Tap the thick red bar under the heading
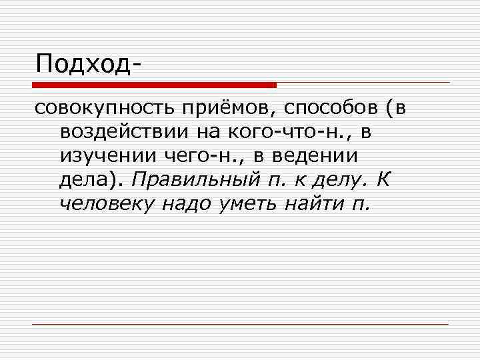tap(155, 85)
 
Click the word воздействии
tap(123, 132)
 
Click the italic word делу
tap(330, 179)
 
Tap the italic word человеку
tap(106, 202)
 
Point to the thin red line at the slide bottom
tap(240, 324)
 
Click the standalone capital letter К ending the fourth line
tap(383, 179)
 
